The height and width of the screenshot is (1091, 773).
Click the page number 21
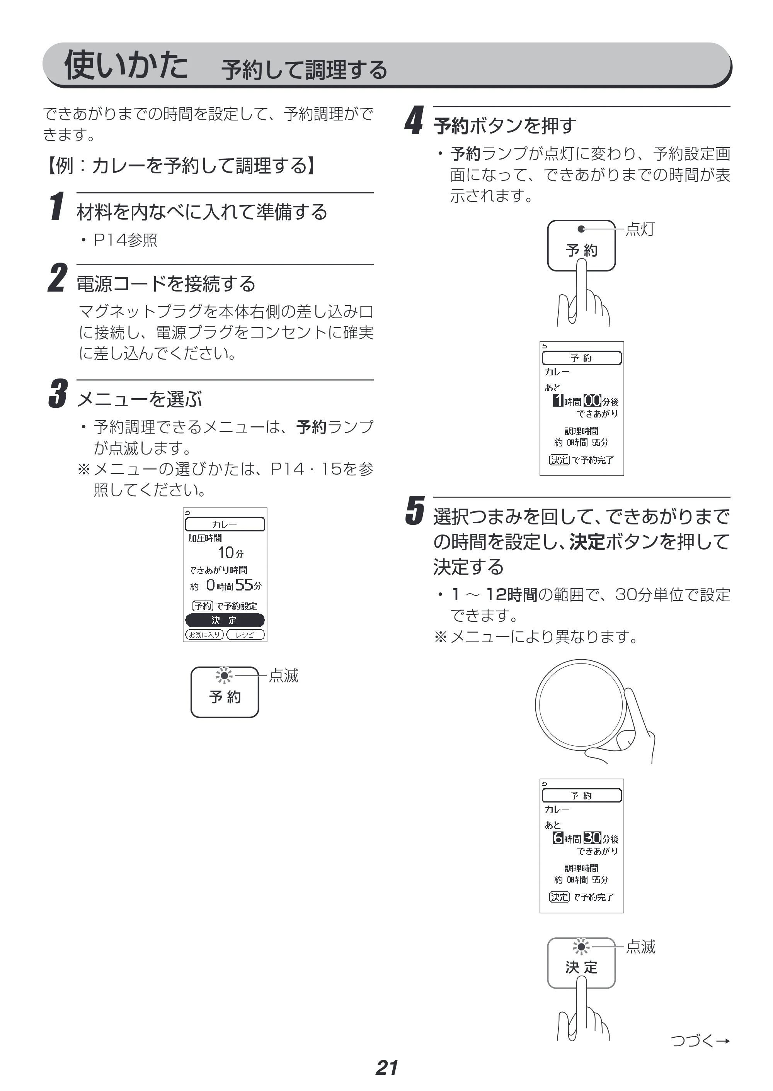(386, 1068)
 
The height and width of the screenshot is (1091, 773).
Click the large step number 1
(57, 206)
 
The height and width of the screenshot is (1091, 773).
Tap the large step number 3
(58, 394)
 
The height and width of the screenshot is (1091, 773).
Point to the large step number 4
(414, 120)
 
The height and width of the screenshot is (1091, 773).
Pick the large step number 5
(415, 511)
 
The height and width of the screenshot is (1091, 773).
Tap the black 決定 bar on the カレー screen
(225, 620)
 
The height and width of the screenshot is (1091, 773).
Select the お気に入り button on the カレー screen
(204, 635)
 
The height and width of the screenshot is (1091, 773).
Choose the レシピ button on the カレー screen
(245, 635)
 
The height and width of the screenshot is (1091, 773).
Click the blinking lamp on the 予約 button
(224, 675)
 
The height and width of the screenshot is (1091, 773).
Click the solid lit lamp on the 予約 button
(581, 229)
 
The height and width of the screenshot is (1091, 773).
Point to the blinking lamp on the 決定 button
(581, 947)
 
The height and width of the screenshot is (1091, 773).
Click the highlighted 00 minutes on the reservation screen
(593, 400)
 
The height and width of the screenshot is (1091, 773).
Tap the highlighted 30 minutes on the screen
(593, 838)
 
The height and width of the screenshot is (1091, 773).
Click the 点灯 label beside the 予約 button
(640, 229)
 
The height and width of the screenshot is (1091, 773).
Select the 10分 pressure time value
(230, 553)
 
